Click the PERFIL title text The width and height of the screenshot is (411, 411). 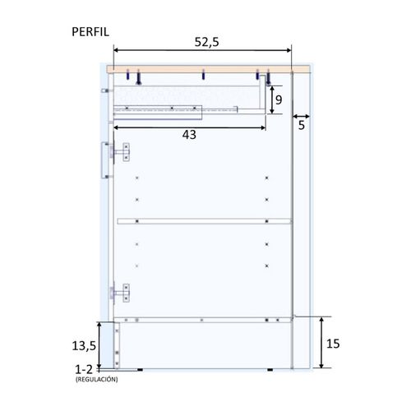pos(90,32)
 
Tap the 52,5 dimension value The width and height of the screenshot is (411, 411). pos(206,42)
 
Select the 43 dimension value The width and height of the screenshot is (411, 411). pos(189,135)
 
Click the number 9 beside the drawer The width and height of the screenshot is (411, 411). pos(279,99)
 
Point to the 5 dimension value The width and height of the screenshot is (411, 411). pos(302,125)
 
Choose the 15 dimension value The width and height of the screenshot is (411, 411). pos(333,344)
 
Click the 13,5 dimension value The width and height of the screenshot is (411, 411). pos(84,346)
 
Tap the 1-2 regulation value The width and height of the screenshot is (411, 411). pos(84,370)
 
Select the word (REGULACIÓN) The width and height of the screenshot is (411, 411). pos(97,380)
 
